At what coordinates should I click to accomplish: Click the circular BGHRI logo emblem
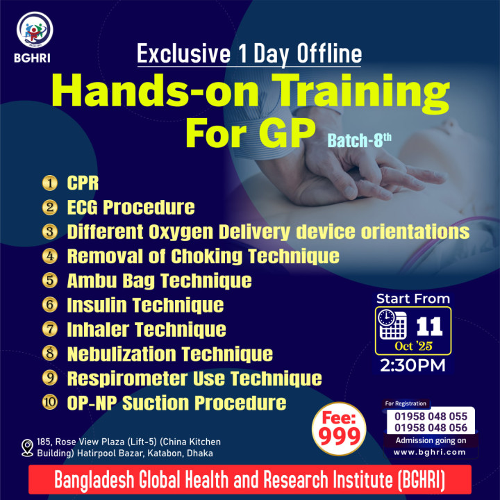[35, 30]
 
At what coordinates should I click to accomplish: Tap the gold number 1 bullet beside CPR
[50, 183]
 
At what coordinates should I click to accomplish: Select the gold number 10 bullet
[50, 402]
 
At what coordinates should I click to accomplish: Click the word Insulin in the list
[97, 305]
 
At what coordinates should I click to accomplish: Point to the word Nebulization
[122, 354]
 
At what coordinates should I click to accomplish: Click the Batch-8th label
[360, 140]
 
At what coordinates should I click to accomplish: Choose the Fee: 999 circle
[339, 429]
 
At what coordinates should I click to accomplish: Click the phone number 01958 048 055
[431, 416]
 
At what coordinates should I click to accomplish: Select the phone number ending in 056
[431, 428]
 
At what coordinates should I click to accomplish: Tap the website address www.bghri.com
[430, 452]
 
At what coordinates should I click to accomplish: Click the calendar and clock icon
[392, 324]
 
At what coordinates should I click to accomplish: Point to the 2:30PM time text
[412, 365]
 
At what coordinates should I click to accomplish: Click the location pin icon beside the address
[27, 448]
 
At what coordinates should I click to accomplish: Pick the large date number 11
[430, 326]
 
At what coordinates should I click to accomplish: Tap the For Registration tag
[406, 403]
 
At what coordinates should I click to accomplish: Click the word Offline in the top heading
[329, 53]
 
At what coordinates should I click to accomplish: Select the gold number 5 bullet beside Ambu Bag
[50, 281]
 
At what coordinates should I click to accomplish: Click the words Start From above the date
[413, 299]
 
